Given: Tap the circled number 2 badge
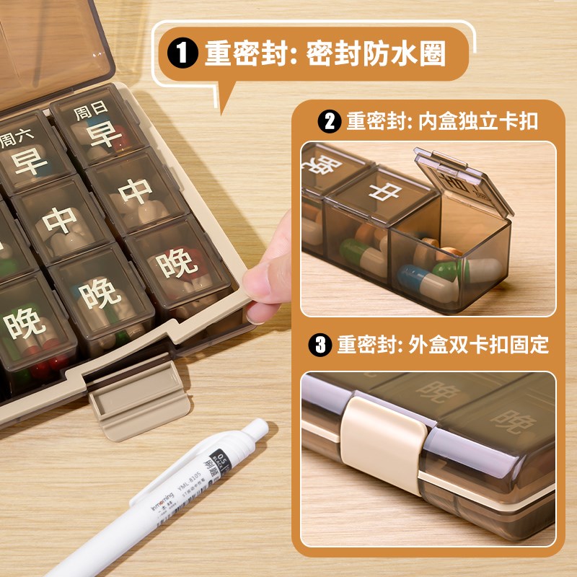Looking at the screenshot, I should point(329,120).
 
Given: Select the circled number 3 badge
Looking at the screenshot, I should point(320,345).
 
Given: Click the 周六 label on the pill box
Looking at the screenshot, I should point(16,137).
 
